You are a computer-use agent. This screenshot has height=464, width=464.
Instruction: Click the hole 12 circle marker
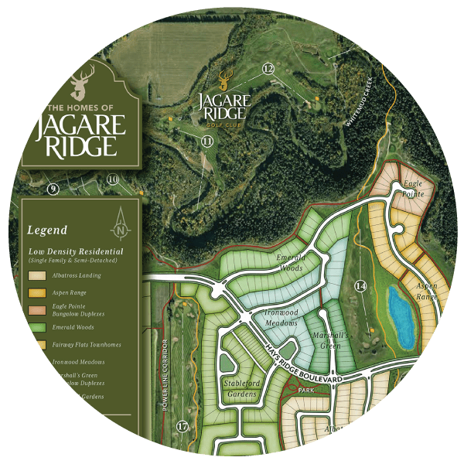[x=268, y=69]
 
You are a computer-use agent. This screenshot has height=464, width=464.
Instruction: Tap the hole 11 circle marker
[x=206, y=141]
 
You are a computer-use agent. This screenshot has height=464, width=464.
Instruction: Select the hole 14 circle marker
[x=360, y=285]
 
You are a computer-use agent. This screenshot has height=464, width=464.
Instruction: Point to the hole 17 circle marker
[x=183, y=426]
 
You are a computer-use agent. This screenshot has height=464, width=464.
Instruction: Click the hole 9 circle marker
[x=53, y=189]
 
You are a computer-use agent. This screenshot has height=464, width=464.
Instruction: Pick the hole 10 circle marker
[x=112, y=180]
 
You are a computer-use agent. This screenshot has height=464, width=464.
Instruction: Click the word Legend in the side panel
[x=47, y=230]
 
